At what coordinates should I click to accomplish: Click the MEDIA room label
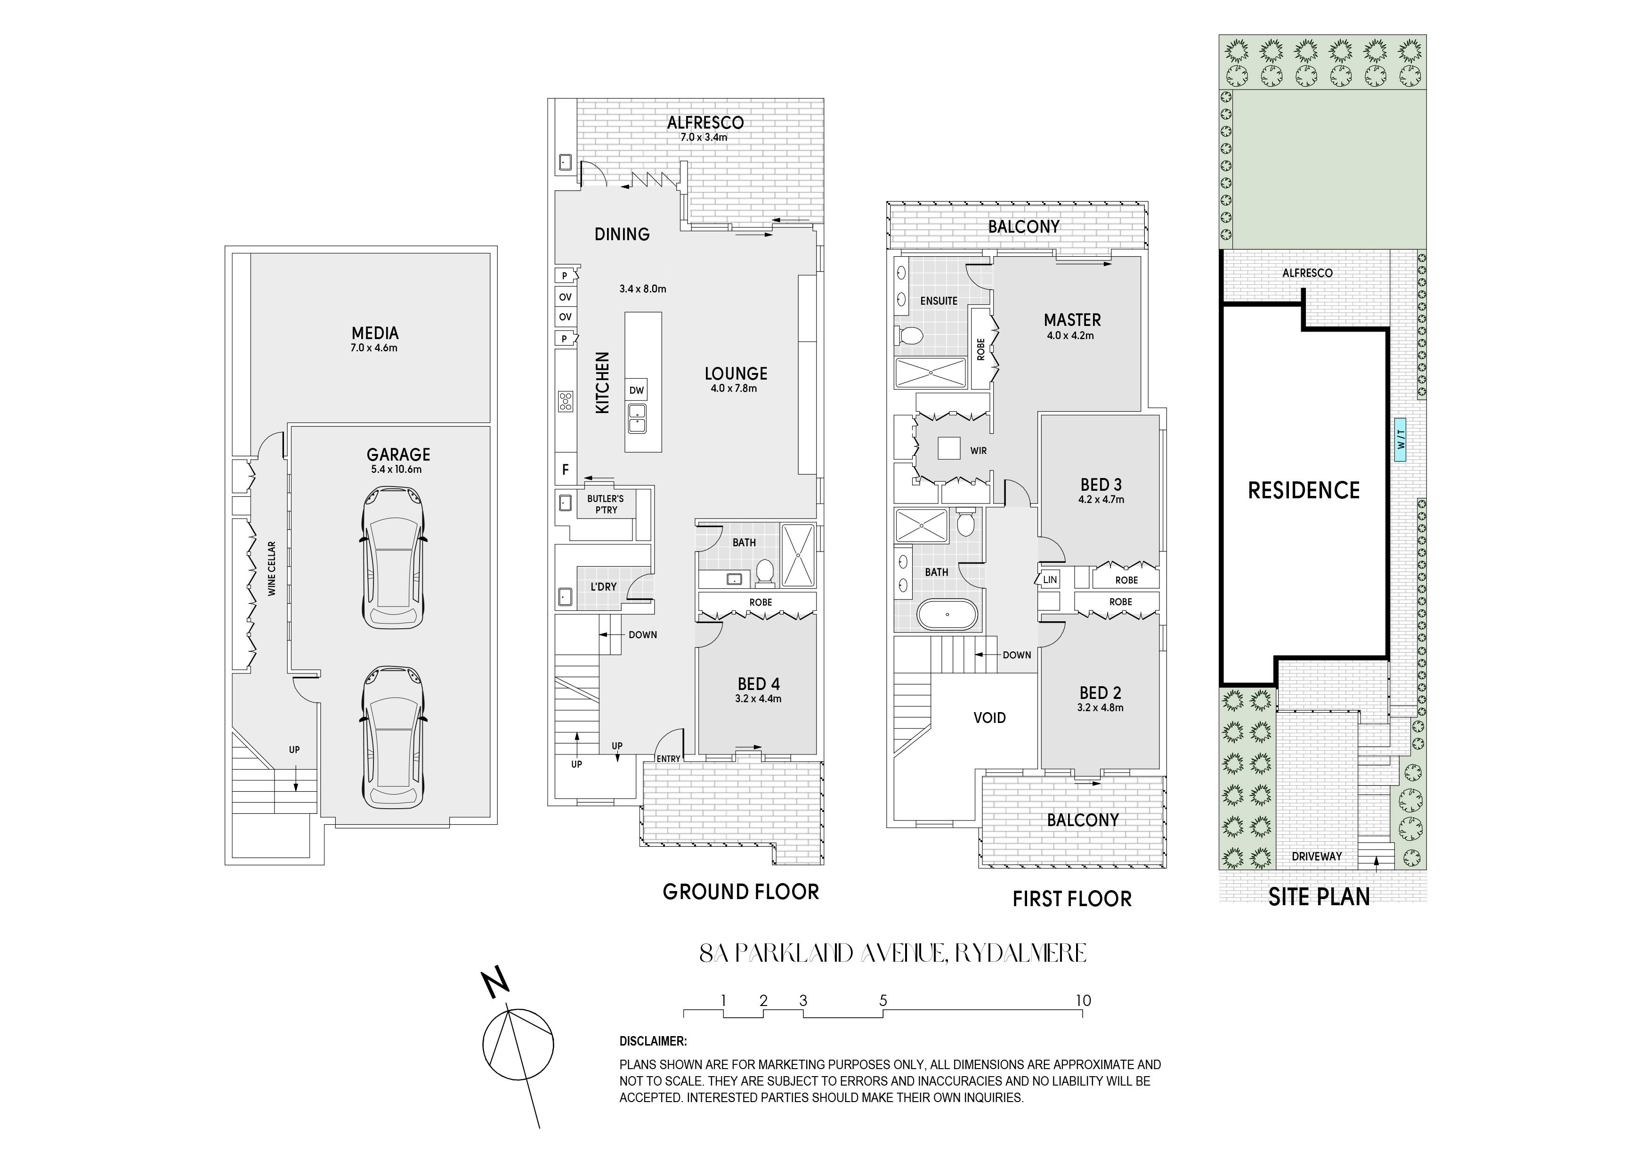[375, 333]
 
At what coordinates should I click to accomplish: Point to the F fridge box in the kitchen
[566, 469]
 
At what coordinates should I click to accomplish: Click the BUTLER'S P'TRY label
[606, 504]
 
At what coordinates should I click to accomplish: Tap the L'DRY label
[604, 586]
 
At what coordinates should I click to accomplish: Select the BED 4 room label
[758, 684]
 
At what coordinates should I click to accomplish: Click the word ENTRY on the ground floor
[668, 759]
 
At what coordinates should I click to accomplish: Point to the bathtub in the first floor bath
[947, 615]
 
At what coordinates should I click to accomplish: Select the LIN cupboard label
[1051, 579]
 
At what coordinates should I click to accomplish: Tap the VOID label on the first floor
[989, 717]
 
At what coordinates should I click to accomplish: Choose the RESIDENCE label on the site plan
[1304, 491]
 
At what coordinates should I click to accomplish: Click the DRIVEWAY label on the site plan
[1317, 856]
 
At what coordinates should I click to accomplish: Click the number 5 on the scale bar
[883, 1000]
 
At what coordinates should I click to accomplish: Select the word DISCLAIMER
[653, 1041]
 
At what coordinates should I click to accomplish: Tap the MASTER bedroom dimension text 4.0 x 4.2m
[1070, 335]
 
